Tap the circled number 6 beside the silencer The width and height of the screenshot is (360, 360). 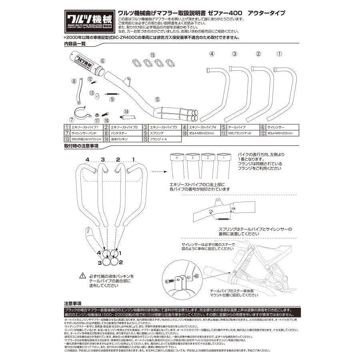[103, 61]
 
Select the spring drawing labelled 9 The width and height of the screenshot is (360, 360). [112, 94]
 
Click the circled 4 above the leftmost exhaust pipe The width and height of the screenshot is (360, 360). [212, 54]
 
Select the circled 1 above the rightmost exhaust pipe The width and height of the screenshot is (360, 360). [280, 54]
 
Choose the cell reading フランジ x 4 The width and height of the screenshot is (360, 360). [158, 139]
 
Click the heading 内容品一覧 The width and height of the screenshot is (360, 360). [75, 44]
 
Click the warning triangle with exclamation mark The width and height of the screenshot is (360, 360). [83, 276]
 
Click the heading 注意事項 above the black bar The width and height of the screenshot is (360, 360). [72, 304]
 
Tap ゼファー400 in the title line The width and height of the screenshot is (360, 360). [228, 13]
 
